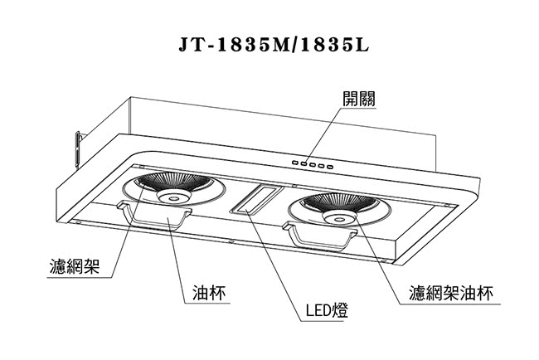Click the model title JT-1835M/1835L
[274, 44]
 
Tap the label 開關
[359, 99]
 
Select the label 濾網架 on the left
[75, 266]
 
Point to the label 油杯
[209, 293]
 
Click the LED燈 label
[327, 310]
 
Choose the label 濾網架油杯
[451, 293]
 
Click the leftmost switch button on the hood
[296, 163]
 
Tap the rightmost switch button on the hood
[330, 167]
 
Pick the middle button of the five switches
[313, 165]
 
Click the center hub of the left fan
[174, 197]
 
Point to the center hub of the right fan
[340, 217]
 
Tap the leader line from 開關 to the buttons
[323, 135]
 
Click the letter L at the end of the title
[362, 45]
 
